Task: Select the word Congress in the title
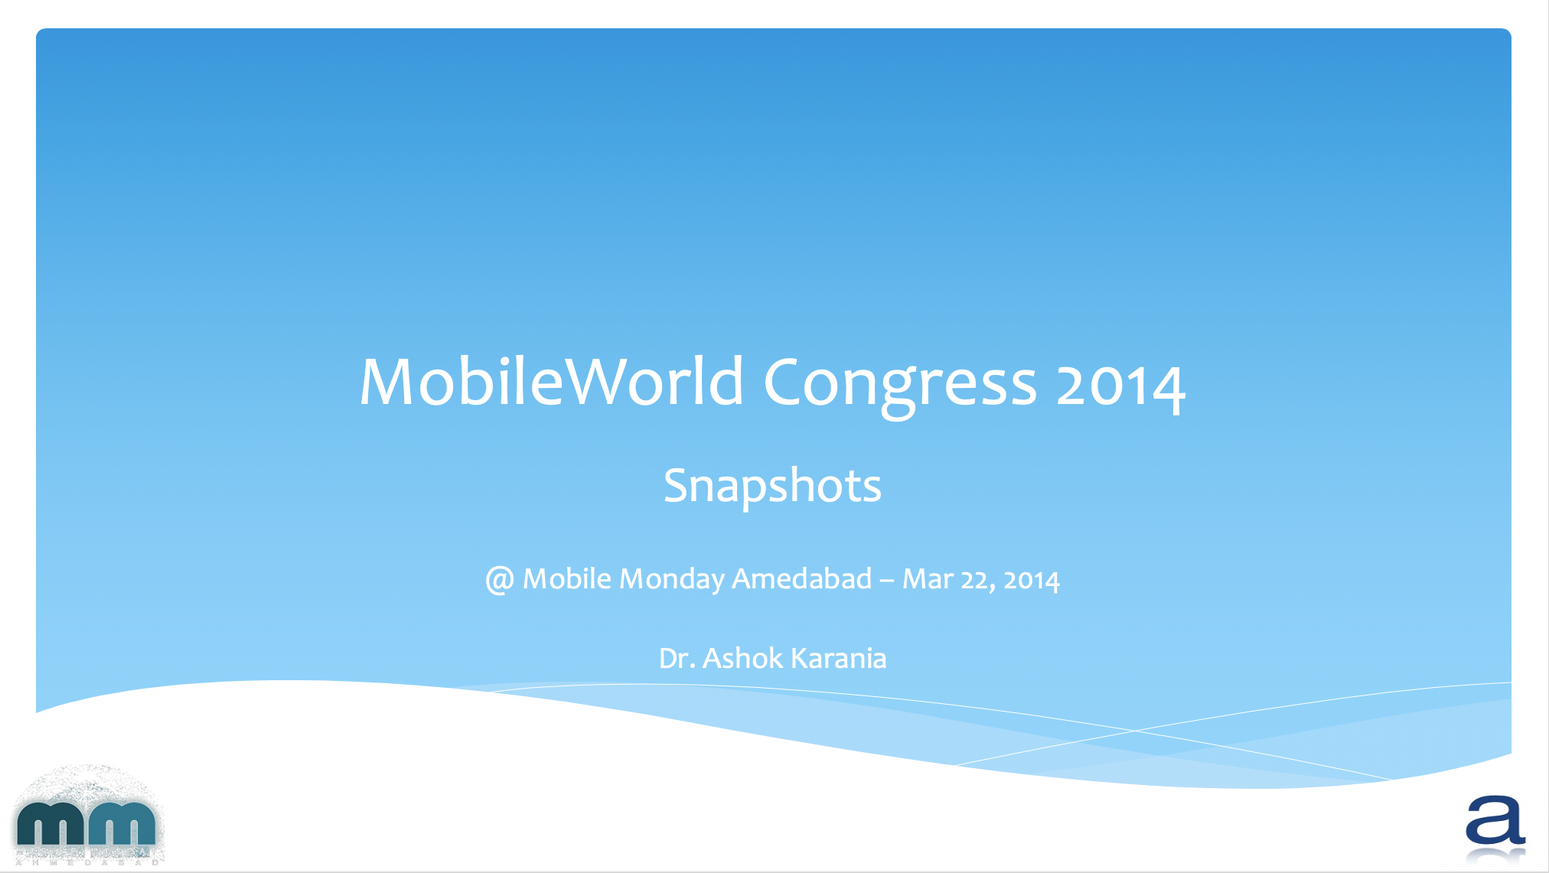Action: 900,386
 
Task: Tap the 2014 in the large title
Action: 1121,386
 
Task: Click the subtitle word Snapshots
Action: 772,486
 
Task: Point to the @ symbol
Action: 499,580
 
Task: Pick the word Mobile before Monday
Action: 566,578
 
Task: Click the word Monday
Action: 671,580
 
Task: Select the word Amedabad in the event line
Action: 802,578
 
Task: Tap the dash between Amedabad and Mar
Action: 887,581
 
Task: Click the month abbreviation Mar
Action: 928,579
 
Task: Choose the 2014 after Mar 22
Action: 1032,581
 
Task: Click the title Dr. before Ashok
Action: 677,658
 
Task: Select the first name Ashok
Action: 742,657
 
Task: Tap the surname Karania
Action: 838,657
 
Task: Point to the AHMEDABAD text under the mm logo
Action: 87,862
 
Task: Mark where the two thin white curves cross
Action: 1136,731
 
